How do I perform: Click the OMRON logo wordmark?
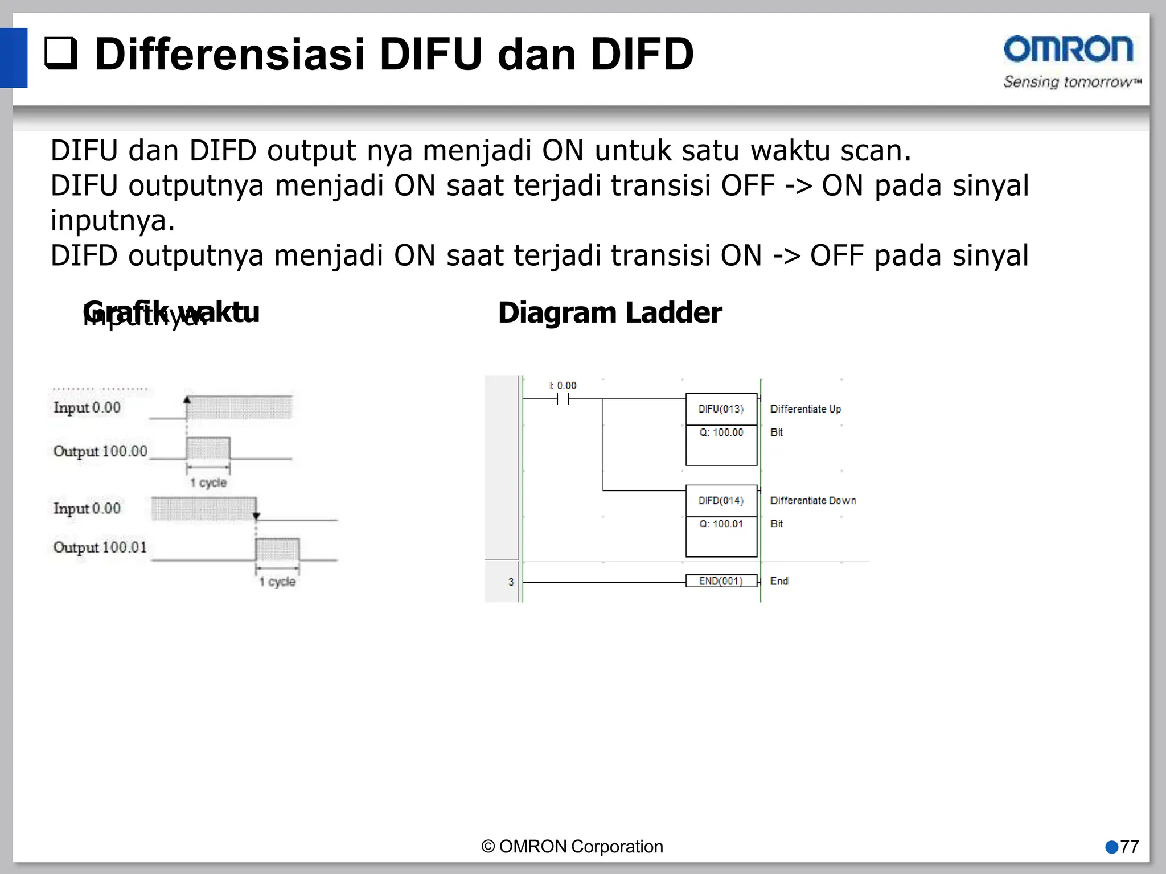pos(1068,50)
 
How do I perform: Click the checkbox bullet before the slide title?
pos(61,53)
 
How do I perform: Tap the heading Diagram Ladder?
pos(610,313)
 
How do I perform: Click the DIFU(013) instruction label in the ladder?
pos(721,409)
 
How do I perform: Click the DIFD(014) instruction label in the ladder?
pos(721,501)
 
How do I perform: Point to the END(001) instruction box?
pos(721,581)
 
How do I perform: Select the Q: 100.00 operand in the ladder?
pos(721,432)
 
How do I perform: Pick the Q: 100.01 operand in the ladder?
pos(721,524)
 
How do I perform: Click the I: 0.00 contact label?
pos(563,386)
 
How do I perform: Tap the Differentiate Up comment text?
pos(806,409)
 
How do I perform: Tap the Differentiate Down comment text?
pos(813,501)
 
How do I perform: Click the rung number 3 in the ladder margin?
pos(511,582)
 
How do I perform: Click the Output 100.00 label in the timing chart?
pos(100,451)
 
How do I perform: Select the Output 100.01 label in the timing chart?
pos(100,547)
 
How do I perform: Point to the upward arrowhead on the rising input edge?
pos(187,399)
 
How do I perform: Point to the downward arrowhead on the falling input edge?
pos(256,516)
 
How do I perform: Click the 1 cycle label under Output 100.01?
pos(277,582)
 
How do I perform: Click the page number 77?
pos(1130,847)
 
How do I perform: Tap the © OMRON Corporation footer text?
pos(572,847)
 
